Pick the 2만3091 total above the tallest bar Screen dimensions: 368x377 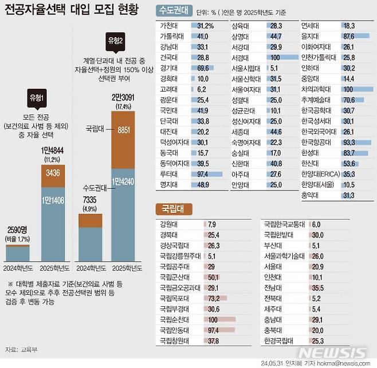pyautogui.click(x=126, y=98)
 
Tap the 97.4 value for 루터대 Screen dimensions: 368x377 pyautogui.click(x=205, y=173)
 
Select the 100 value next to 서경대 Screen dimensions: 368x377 pyautogui.click(x=276, y=57)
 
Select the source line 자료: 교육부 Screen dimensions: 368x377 pyautogui.click(x=21, y=349)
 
